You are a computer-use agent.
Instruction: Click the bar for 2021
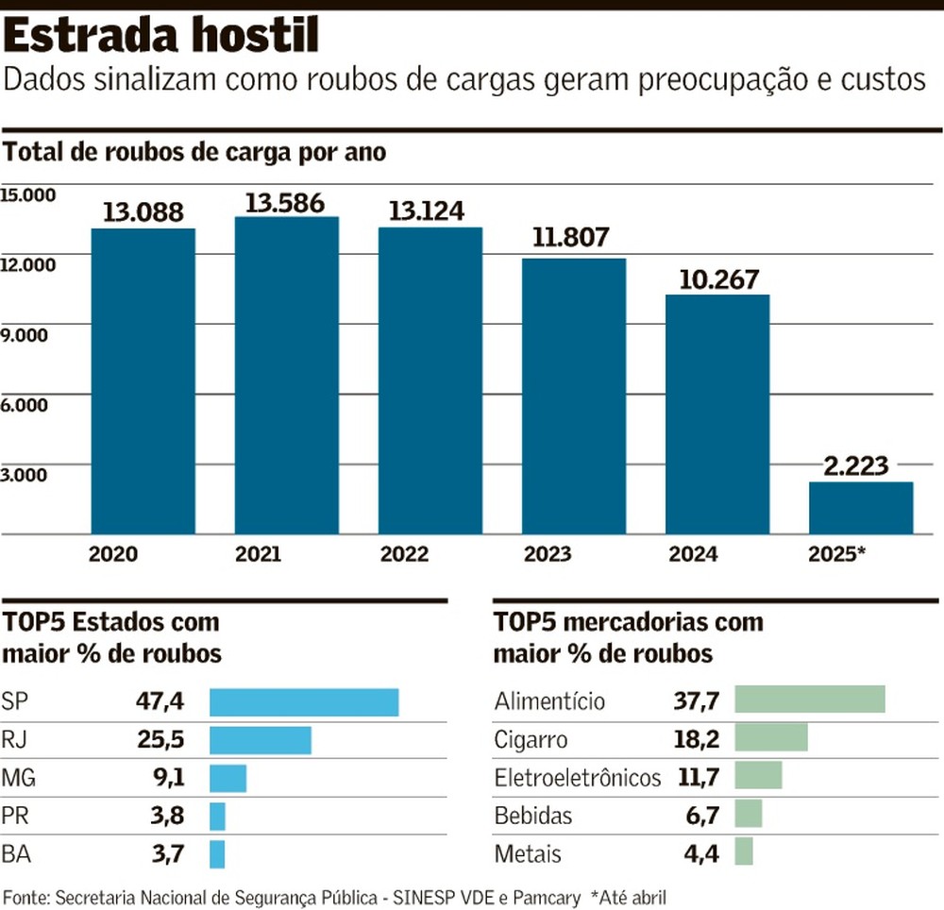point(286,375)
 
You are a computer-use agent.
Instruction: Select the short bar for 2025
point(860,508)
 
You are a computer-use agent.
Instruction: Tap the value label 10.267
point(717,279)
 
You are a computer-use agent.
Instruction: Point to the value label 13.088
point(143,212)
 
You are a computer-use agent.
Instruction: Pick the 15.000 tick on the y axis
point(29,195)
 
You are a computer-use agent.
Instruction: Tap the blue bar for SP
point(304,702)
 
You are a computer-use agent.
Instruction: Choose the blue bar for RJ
point(260,740)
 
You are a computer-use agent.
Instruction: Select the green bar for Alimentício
point(809,699)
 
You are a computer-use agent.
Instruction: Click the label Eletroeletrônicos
point(578,778)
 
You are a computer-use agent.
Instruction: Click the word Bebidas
point(533,816)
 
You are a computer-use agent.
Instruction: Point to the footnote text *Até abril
point(629,896)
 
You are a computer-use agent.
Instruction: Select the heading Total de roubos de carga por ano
point(195,152)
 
